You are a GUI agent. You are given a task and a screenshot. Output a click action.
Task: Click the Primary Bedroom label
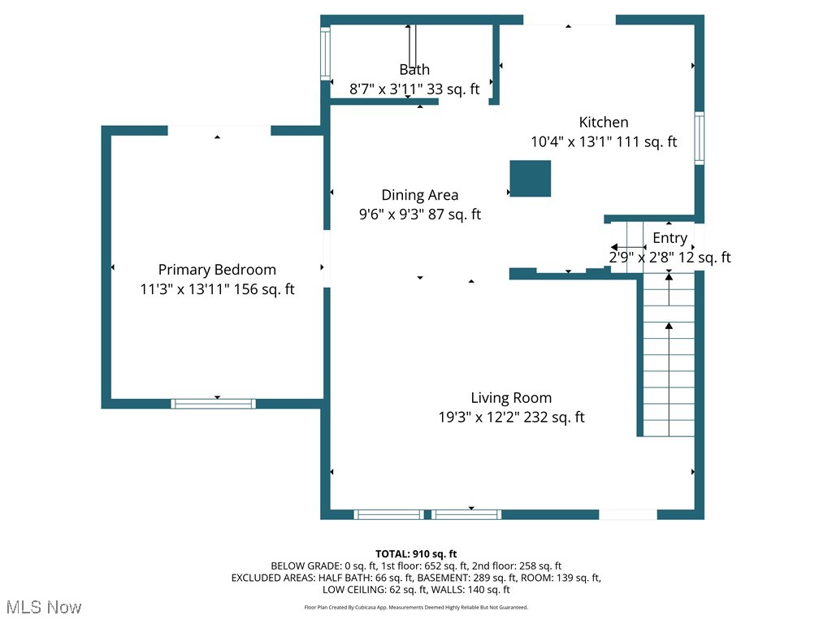coord(217,270)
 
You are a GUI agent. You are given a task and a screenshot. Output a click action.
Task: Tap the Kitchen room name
coord(603,123)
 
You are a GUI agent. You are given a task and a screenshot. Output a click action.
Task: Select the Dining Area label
coord(419,195)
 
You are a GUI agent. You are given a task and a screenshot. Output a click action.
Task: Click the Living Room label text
coord(511,398)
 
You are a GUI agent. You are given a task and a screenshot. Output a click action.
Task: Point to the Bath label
coord(414,70)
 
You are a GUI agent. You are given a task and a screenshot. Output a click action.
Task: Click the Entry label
coord(669,238)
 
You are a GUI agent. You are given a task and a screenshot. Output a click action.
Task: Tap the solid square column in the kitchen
coord(530,179)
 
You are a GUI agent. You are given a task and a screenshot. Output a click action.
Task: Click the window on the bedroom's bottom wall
coord(214,403)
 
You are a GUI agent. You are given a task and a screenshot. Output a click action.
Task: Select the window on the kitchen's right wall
coord(699,139)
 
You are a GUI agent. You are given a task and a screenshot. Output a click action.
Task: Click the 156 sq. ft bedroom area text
coord(264,289)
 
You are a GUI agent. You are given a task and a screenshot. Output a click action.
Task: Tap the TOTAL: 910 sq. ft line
coord(421,554)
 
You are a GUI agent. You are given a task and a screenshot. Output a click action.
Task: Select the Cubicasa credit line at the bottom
coord(416,607)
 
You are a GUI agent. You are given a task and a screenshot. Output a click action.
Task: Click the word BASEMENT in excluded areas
coord(444,578)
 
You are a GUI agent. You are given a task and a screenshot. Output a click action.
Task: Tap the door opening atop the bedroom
coord(219,130)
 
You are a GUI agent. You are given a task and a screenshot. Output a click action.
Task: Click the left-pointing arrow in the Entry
coord(626,247)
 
